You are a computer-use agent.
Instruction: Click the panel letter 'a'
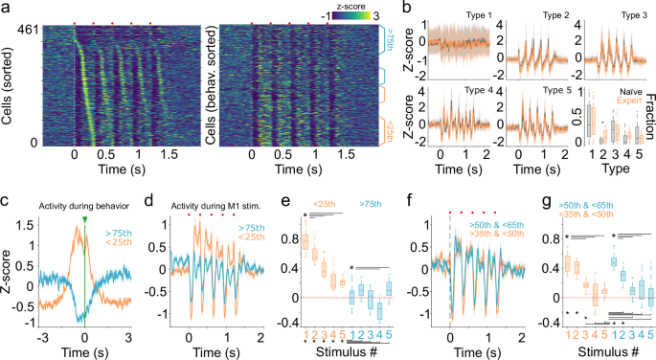[6, 8]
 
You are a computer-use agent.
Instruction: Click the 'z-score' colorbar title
[336, 6]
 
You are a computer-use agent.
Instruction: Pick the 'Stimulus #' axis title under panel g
[582, 350]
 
